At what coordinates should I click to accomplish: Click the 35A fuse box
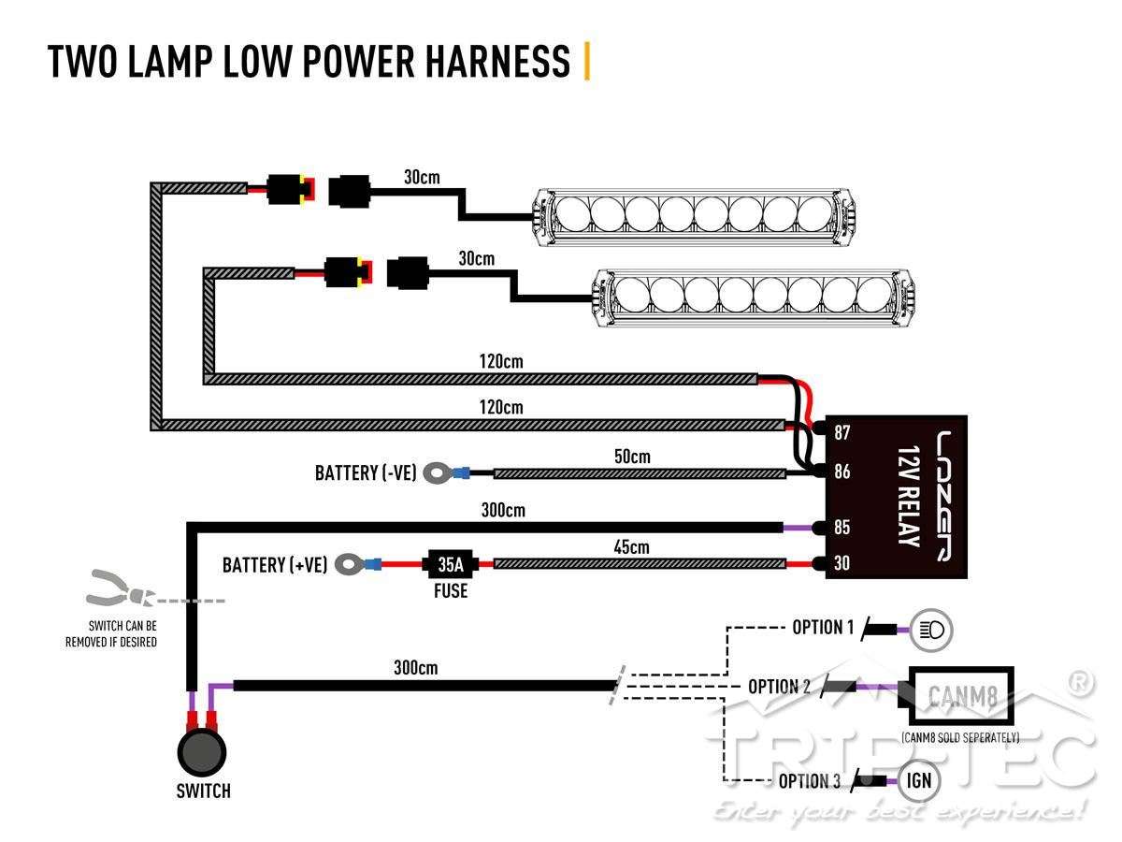coord(450,564)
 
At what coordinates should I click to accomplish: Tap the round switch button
coord(202,752)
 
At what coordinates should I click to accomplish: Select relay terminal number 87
coord(841,432)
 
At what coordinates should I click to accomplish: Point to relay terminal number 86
coord(841,471)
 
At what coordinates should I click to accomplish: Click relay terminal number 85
coord(841,527)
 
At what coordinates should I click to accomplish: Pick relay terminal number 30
coord(841,563)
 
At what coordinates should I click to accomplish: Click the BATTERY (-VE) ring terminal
coord(436,472)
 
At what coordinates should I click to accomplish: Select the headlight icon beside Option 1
coord(932,630)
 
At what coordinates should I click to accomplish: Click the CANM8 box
coord(961,695)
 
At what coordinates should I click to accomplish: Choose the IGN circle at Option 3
coord(918,780)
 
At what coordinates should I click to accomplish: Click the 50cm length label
coord(632,457)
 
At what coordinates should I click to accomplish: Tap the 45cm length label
coord(631,547)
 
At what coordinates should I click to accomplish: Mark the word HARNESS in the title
coord(497,62)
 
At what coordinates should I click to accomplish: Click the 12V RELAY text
coord(909,496)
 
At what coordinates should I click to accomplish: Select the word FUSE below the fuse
coord(451,591)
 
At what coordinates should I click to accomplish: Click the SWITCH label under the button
coord(204,791)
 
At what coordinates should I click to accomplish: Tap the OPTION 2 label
coord(779,687)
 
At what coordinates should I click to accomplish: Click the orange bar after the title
coord(587,61)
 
